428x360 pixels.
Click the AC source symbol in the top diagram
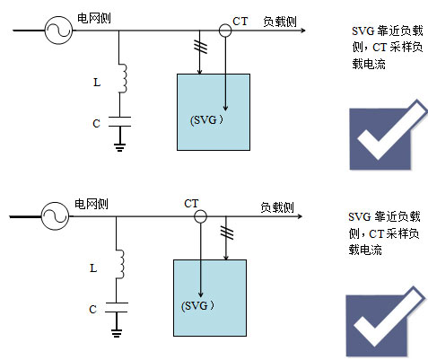coord(58,31)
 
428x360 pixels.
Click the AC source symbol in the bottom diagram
coord(55,216)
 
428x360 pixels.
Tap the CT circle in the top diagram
coord(225,31)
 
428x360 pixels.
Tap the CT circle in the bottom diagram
coord(200,216)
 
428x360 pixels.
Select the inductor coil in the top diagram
coord(123,78)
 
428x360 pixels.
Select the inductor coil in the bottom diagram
coord(120,264)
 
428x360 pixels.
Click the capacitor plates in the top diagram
coord(119,121)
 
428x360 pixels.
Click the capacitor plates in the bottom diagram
coord(117,307)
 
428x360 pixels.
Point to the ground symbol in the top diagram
coord(119,147)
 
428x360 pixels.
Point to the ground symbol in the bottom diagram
coord(117,333)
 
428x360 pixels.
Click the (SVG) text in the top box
coord(206,120)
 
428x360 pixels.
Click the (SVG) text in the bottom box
coord(197,306)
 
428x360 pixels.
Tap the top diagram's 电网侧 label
coord(94,18)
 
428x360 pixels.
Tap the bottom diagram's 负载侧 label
coord(277,207)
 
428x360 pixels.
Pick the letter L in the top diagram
coord(97,83)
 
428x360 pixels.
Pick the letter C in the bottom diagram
coord(92,309)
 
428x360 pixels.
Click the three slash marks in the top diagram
coord(200,47)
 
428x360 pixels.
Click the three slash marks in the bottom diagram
coord(227,233)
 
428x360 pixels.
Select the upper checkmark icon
coord(389,135)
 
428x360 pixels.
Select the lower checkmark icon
coord(385,321)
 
